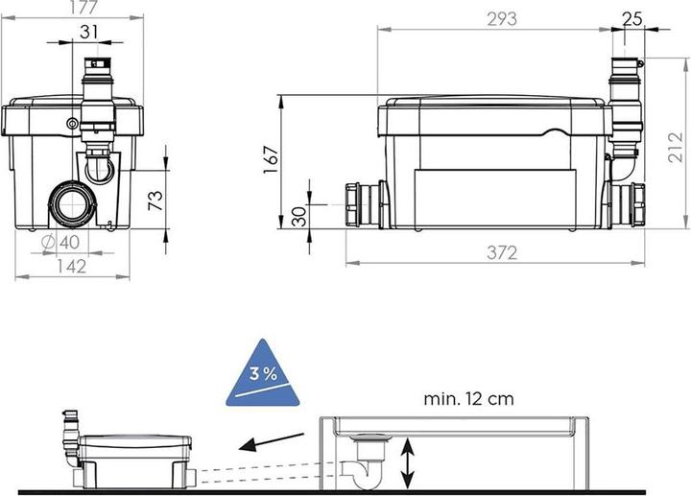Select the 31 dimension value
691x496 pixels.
89,31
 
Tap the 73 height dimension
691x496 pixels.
155,200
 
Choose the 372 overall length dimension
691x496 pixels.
501,252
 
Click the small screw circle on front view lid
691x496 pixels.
72,123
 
